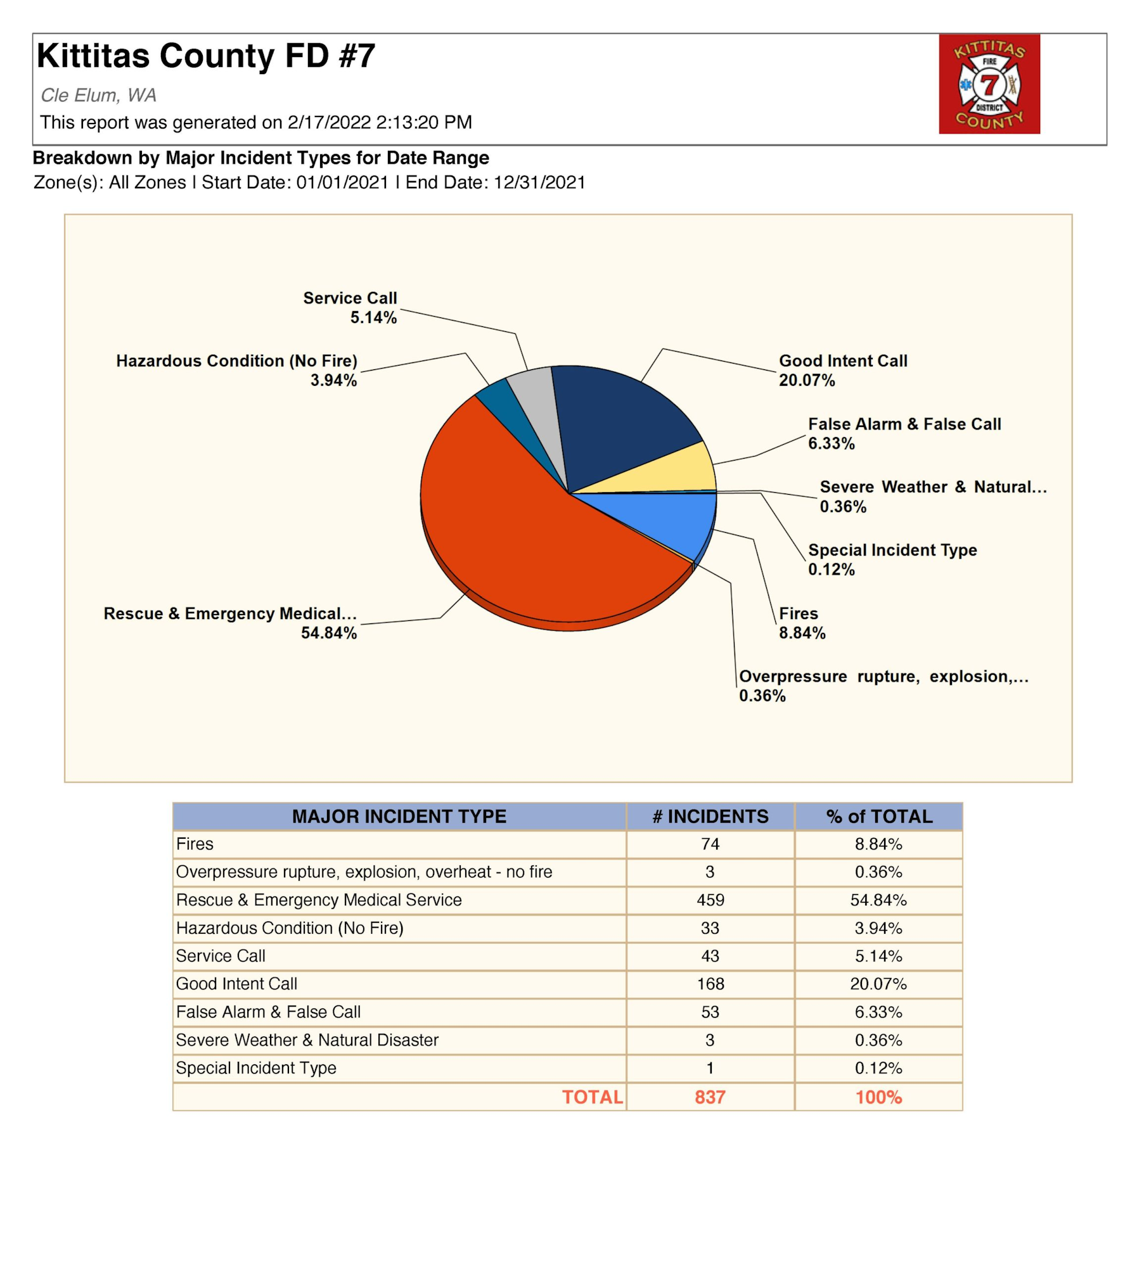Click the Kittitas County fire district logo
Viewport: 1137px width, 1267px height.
pyautogui.click(x=989, y=84)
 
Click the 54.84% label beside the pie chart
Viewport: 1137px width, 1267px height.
pyautogui.click(x=329, y=633)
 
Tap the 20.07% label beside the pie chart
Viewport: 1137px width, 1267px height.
pyautogui.click(x=807, y=380)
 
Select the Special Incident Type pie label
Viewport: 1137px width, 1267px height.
pyautogui.click(x=892, y=550)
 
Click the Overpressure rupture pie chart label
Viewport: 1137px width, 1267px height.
pyautogui.click(x=883, y=676)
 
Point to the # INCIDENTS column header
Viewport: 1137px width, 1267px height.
pyautogui.click(x=710, y=816)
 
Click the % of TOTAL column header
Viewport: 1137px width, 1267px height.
pyautogui.click(x=878, y=816)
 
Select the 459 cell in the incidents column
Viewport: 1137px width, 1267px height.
pyautogui.click(x=710, y=900)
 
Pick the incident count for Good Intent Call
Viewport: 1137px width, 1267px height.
pyautogui.click(x=710, y=984)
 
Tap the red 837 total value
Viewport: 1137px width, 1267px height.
pyautogui.click(x=710, y=1097)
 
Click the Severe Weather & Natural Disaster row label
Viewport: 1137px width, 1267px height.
pyautogui.click(x=307, y=1040)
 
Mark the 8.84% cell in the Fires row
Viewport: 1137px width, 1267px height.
pyautogui.click(x=878, y=844)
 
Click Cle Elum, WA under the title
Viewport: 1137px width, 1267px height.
pyautogui.click(x=98, y=95)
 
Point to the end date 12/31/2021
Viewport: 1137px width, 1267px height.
pyautogui.click(x=539, y=182)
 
